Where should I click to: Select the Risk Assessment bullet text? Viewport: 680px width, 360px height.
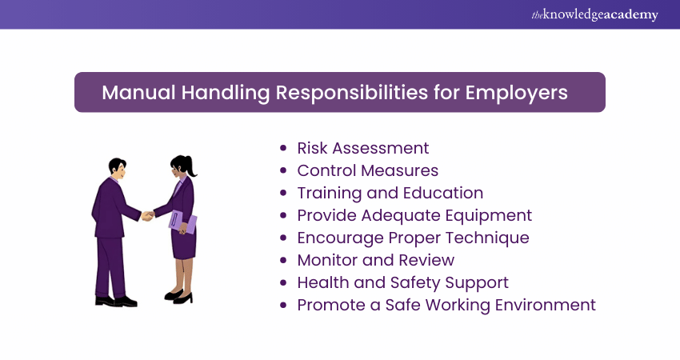(x=362, y=148)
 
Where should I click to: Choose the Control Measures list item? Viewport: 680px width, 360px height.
(x=367, y=170)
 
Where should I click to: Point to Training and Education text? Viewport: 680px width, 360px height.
(x=390, y=193)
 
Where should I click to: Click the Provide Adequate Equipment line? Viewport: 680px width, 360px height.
(x=414, y=215)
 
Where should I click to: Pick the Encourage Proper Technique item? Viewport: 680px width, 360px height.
(x=413, y=238)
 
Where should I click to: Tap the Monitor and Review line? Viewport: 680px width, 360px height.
(x=375, y=260)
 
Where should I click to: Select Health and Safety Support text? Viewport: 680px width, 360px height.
(x=402, y=282)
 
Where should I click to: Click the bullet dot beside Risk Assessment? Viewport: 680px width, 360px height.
(x=284, y=149)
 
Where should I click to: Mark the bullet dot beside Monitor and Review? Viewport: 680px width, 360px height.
(x=284, y=261)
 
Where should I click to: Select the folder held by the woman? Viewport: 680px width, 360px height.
(x=182, y=221)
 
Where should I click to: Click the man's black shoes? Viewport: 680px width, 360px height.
(x=116, y=301)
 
